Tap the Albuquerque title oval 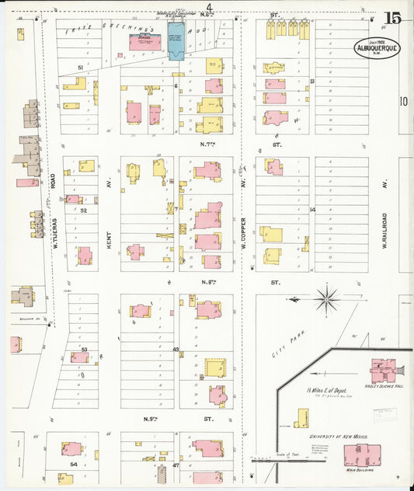pos(377,47)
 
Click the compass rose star pos(328,297)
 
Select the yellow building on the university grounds pos(301,420)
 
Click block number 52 pos(84,210)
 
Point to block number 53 pos(84,350)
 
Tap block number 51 pos(81,68)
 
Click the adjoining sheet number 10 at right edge pos(403,100)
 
